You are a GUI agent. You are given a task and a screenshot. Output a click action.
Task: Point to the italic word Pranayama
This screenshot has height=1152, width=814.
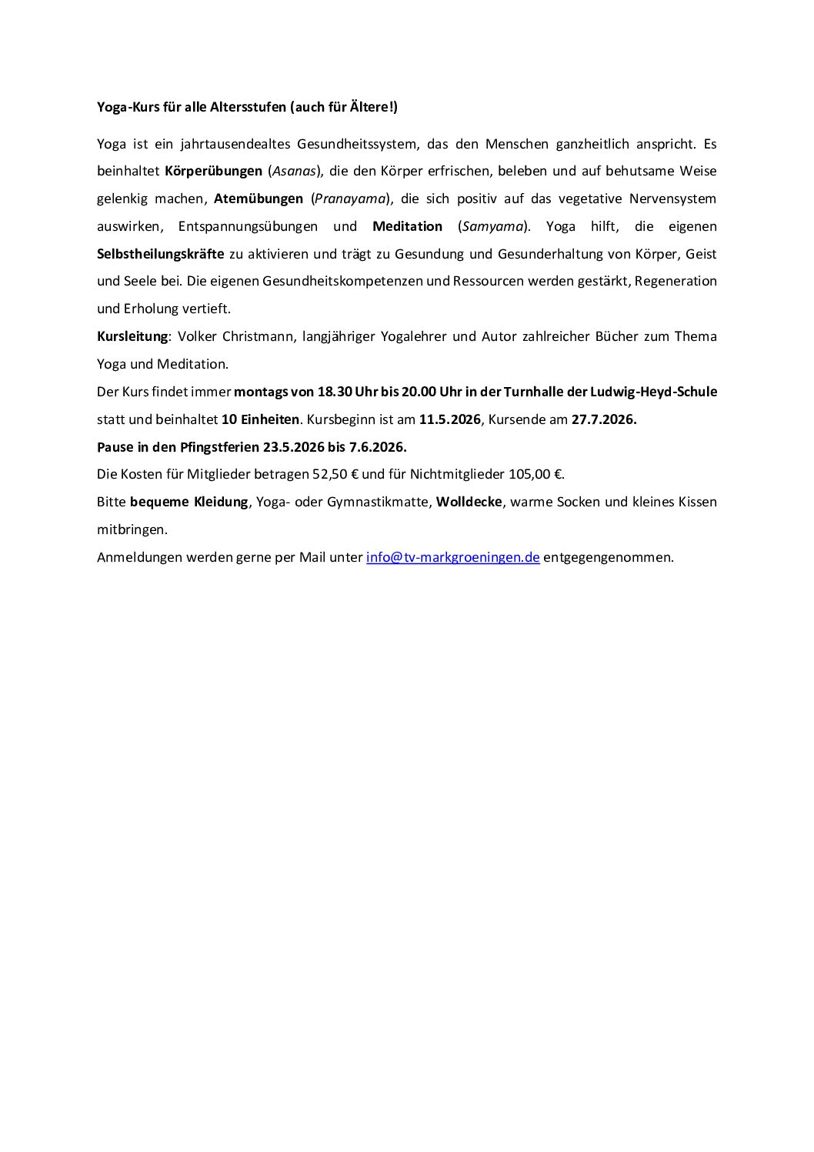pos(349,199)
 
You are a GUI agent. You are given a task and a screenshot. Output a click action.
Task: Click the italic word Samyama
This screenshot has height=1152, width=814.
pos(492,226)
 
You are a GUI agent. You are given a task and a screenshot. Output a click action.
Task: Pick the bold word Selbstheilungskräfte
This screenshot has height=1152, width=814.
pos(161,254)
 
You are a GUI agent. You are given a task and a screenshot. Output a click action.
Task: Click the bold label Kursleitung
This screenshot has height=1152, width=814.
pos(132,336)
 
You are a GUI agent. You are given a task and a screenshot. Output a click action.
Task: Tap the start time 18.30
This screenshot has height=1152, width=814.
pos(334,392)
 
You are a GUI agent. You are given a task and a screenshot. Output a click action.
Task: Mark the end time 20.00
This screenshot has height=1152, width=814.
pos(419,392)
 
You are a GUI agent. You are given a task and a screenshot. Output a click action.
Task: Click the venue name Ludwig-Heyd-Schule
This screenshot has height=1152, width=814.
pos(653,392)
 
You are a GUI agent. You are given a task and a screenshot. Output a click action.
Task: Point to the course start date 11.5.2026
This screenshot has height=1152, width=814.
pos(449,419)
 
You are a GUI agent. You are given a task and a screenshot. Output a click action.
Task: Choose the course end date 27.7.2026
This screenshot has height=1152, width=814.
pos(603,419)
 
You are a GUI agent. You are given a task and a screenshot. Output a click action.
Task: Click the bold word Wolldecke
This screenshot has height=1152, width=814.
pos(469,502)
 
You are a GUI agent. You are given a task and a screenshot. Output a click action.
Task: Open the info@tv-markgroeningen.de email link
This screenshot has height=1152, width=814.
pos(452,557)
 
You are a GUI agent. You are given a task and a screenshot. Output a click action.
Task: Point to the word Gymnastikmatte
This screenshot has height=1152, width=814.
pos(378,502)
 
